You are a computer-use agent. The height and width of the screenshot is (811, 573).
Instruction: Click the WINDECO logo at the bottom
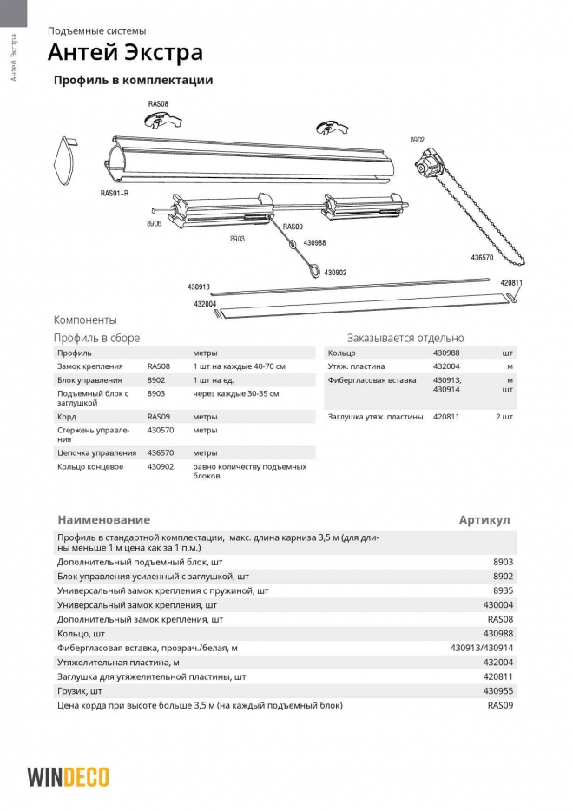coord(68,775)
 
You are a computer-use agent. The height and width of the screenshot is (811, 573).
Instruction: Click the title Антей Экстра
coord(125,54)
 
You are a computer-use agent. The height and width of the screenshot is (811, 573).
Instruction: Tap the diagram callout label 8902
coord(418,139)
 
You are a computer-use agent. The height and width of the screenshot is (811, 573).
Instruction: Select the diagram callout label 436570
coord(482,258)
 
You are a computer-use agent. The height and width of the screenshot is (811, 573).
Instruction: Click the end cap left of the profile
coord(66,162)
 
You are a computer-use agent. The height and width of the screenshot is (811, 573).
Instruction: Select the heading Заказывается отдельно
coord(405,338)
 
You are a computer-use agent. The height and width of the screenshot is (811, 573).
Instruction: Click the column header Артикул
coord(484,520)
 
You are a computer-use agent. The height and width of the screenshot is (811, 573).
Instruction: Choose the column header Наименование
coord(103,520)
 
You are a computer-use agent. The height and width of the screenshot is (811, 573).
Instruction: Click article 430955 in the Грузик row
coord(497,690)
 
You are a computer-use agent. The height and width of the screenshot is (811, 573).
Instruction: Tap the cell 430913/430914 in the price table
coord(482,648)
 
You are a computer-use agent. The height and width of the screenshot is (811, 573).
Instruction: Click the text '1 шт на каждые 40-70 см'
coord(239,367)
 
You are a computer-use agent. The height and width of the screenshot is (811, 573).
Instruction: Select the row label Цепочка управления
coord(96,452)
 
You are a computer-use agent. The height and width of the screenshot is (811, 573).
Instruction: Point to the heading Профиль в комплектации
coord(133,81)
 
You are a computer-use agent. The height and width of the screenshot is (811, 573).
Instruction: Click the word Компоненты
coord(85,320)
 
